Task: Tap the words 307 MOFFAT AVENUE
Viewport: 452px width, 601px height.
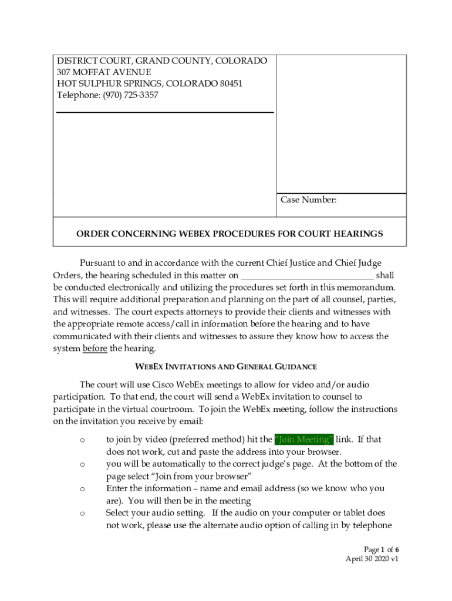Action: pyautogui.click(x=104, y=72)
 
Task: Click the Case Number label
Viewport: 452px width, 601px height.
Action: pyautogui.click(x=308, y=200)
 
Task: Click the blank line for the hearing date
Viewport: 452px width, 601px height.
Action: pyautogui.click(x=307, y=275)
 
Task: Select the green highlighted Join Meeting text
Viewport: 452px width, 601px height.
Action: pyautogui.click(x=304, y=440)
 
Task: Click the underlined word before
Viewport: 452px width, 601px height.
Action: pyautogui.click(x=95, y=349)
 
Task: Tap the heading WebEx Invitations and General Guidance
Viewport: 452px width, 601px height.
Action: pyautogui.click(x=226, y=367)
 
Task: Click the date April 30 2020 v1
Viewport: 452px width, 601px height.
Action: pyautogui.click(x=372, y=559)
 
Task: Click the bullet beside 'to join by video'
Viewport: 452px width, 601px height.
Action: pyautogui.click(x=82, y=440)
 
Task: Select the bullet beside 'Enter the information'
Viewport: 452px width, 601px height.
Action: pyautogui.click(x=82, y=488)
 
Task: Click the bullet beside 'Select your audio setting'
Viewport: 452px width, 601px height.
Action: pyautogui.click(x=82, y=514)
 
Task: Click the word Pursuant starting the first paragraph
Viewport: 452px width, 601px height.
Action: pyautogui.click(x=101, y=263)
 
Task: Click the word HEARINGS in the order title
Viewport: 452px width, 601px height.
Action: pyautogui.click(x=357, y=234)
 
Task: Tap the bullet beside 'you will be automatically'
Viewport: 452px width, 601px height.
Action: pyautogui.click(x=82, y=464)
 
